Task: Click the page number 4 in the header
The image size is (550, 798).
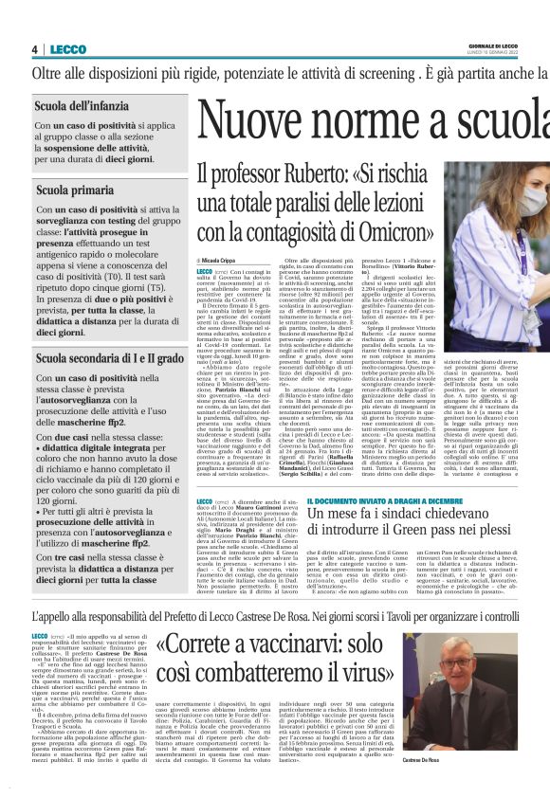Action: point(34,49)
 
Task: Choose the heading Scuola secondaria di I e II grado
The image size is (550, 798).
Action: point(110,359)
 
